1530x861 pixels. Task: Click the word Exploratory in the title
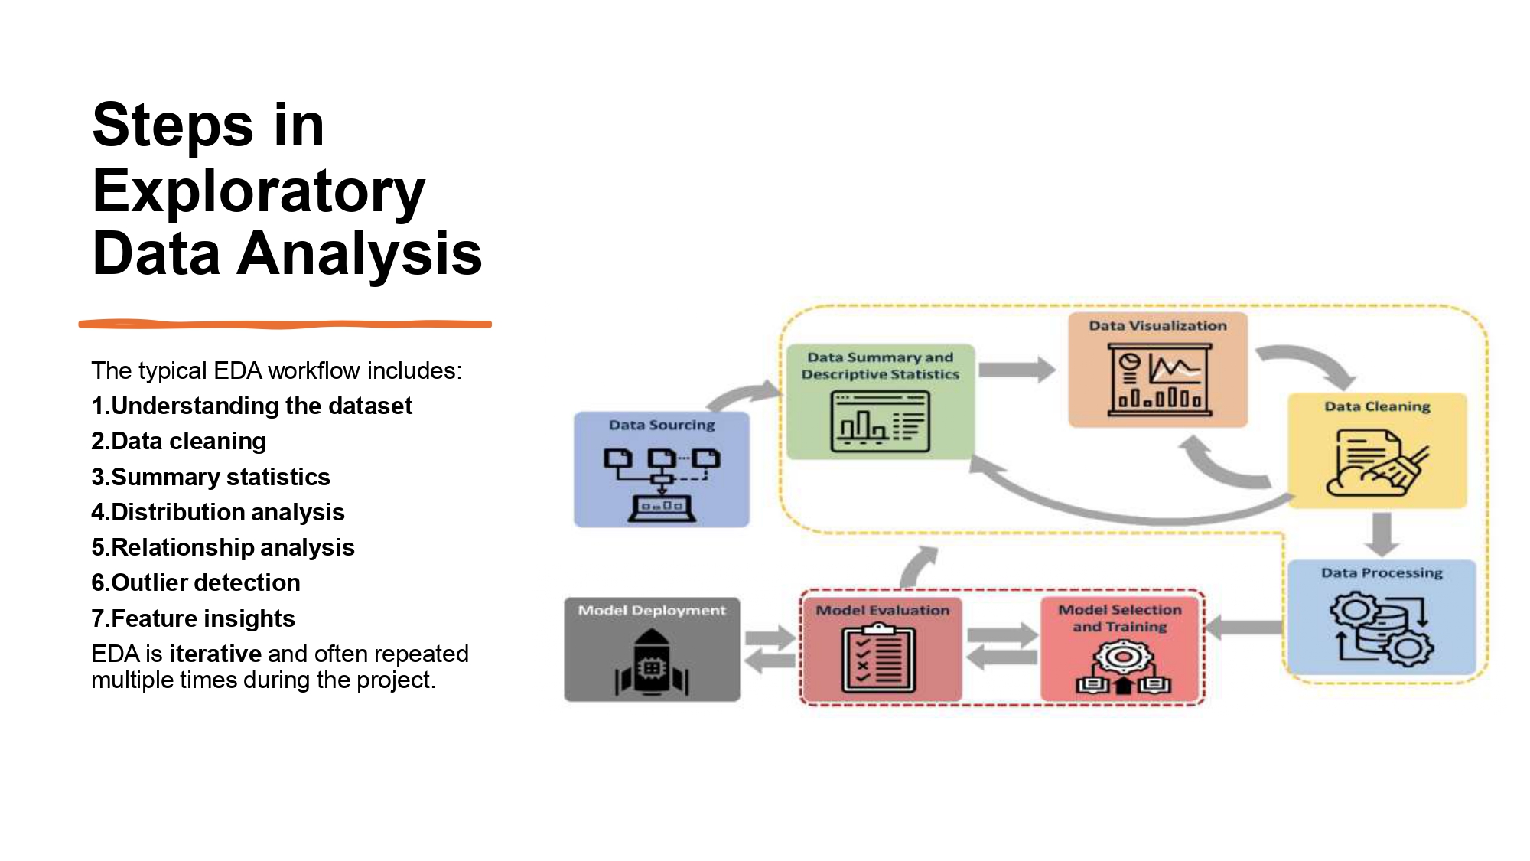click(x=258, y=191)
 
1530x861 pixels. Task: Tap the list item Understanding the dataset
click(x=252, y=406)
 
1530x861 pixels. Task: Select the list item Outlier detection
click(x=196, y=582)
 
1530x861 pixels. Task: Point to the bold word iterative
click(x=216, y=654)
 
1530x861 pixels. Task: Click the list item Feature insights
click(x=193, y=618)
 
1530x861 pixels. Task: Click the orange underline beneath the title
click(x=285, y=325)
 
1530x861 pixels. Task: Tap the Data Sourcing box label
click(x=662, y=425)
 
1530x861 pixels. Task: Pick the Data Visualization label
click(x=1157, y=325)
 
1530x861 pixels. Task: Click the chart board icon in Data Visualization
click(x=1160, y=380)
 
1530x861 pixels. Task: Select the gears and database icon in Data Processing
click(x=1382, y=628)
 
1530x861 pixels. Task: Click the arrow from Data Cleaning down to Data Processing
click(x=1382, y=533)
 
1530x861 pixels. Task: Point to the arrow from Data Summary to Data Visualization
click(x=1016, y=370)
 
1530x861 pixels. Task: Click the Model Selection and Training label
click(x=1120, y=618)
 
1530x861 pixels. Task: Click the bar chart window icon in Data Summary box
click(x=880, y=421)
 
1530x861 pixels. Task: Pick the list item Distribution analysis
click(x=218, y=512)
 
